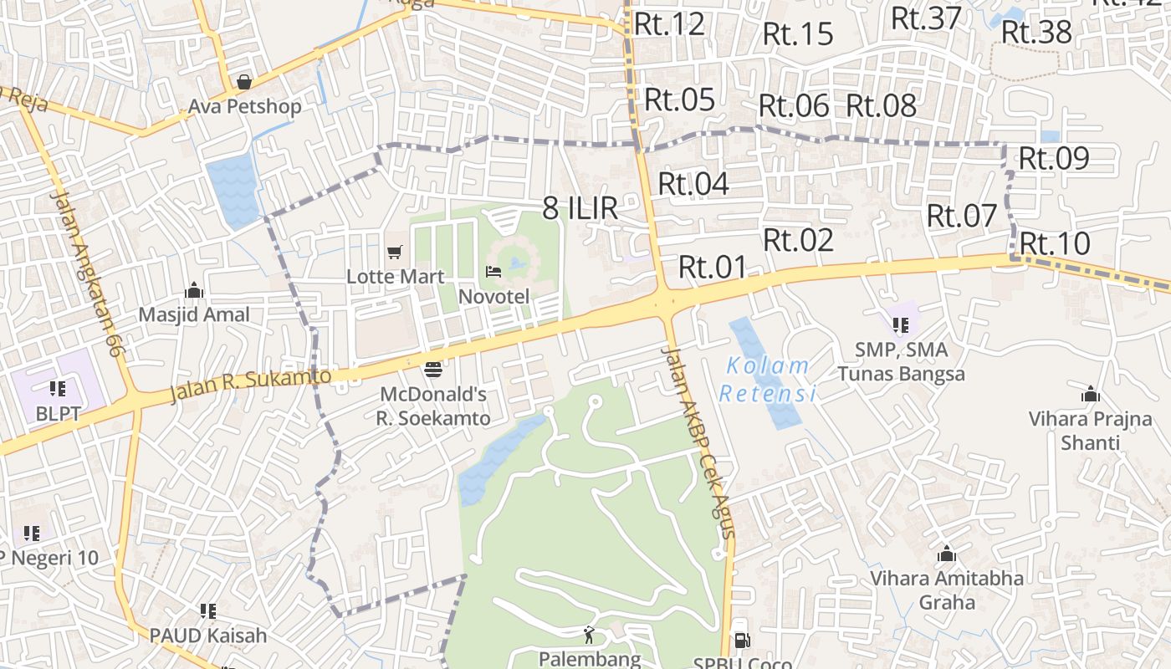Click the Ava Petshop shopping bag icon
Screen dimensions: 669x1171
pyautogui.click(x=244, y=82)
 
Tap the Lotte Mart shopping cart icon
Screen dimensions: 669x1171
pyautogui.click(x=395, y=252)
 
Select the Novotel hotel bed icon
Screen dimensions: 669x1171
pyautogui.click(x=493, y=272)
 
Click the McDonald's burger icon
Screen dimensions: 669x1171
pyautogui.click(x=433, y=369)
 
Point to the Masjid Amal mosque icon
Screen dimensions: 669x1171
pyautogui.click(x=194, y=290)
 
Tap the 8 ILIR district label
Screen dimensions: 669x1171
pyautogui.click(x=580, y=208)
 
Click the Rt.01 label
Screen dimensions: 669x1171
pyautogui.click(x=712, y=268)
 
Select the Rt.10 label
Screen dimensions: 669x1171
pyautogui.click(x=1055, y=244)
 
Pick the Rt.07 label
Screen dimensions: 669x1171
pyautogui.click(x=962, y=216)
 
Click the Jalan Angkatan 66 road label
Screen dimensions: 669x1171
pyautogui.click(x=87, y=273)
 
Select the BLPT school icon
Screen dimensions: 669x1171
pyautogui.click(x=58, y=388)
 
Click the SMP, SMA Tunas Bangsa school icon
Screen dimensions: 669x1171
pyautogui.click(x=901, y=324)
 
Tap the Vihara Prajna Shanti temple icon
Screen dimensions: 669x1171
pyautogui.click(x=1091, y=395)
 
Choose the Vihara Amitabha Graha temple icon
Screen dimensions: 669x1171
pyautogui.click(x=947, y=554)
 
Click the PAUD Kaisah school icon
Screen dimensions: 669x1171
pyautogui.click(x=208, y=611)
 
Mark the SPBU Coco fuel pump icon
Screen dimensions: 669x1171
pyautogui.click(x=741, y=641)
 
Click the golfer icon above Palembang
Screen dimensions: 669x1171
pyautogui.click(x=590, y=634)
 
